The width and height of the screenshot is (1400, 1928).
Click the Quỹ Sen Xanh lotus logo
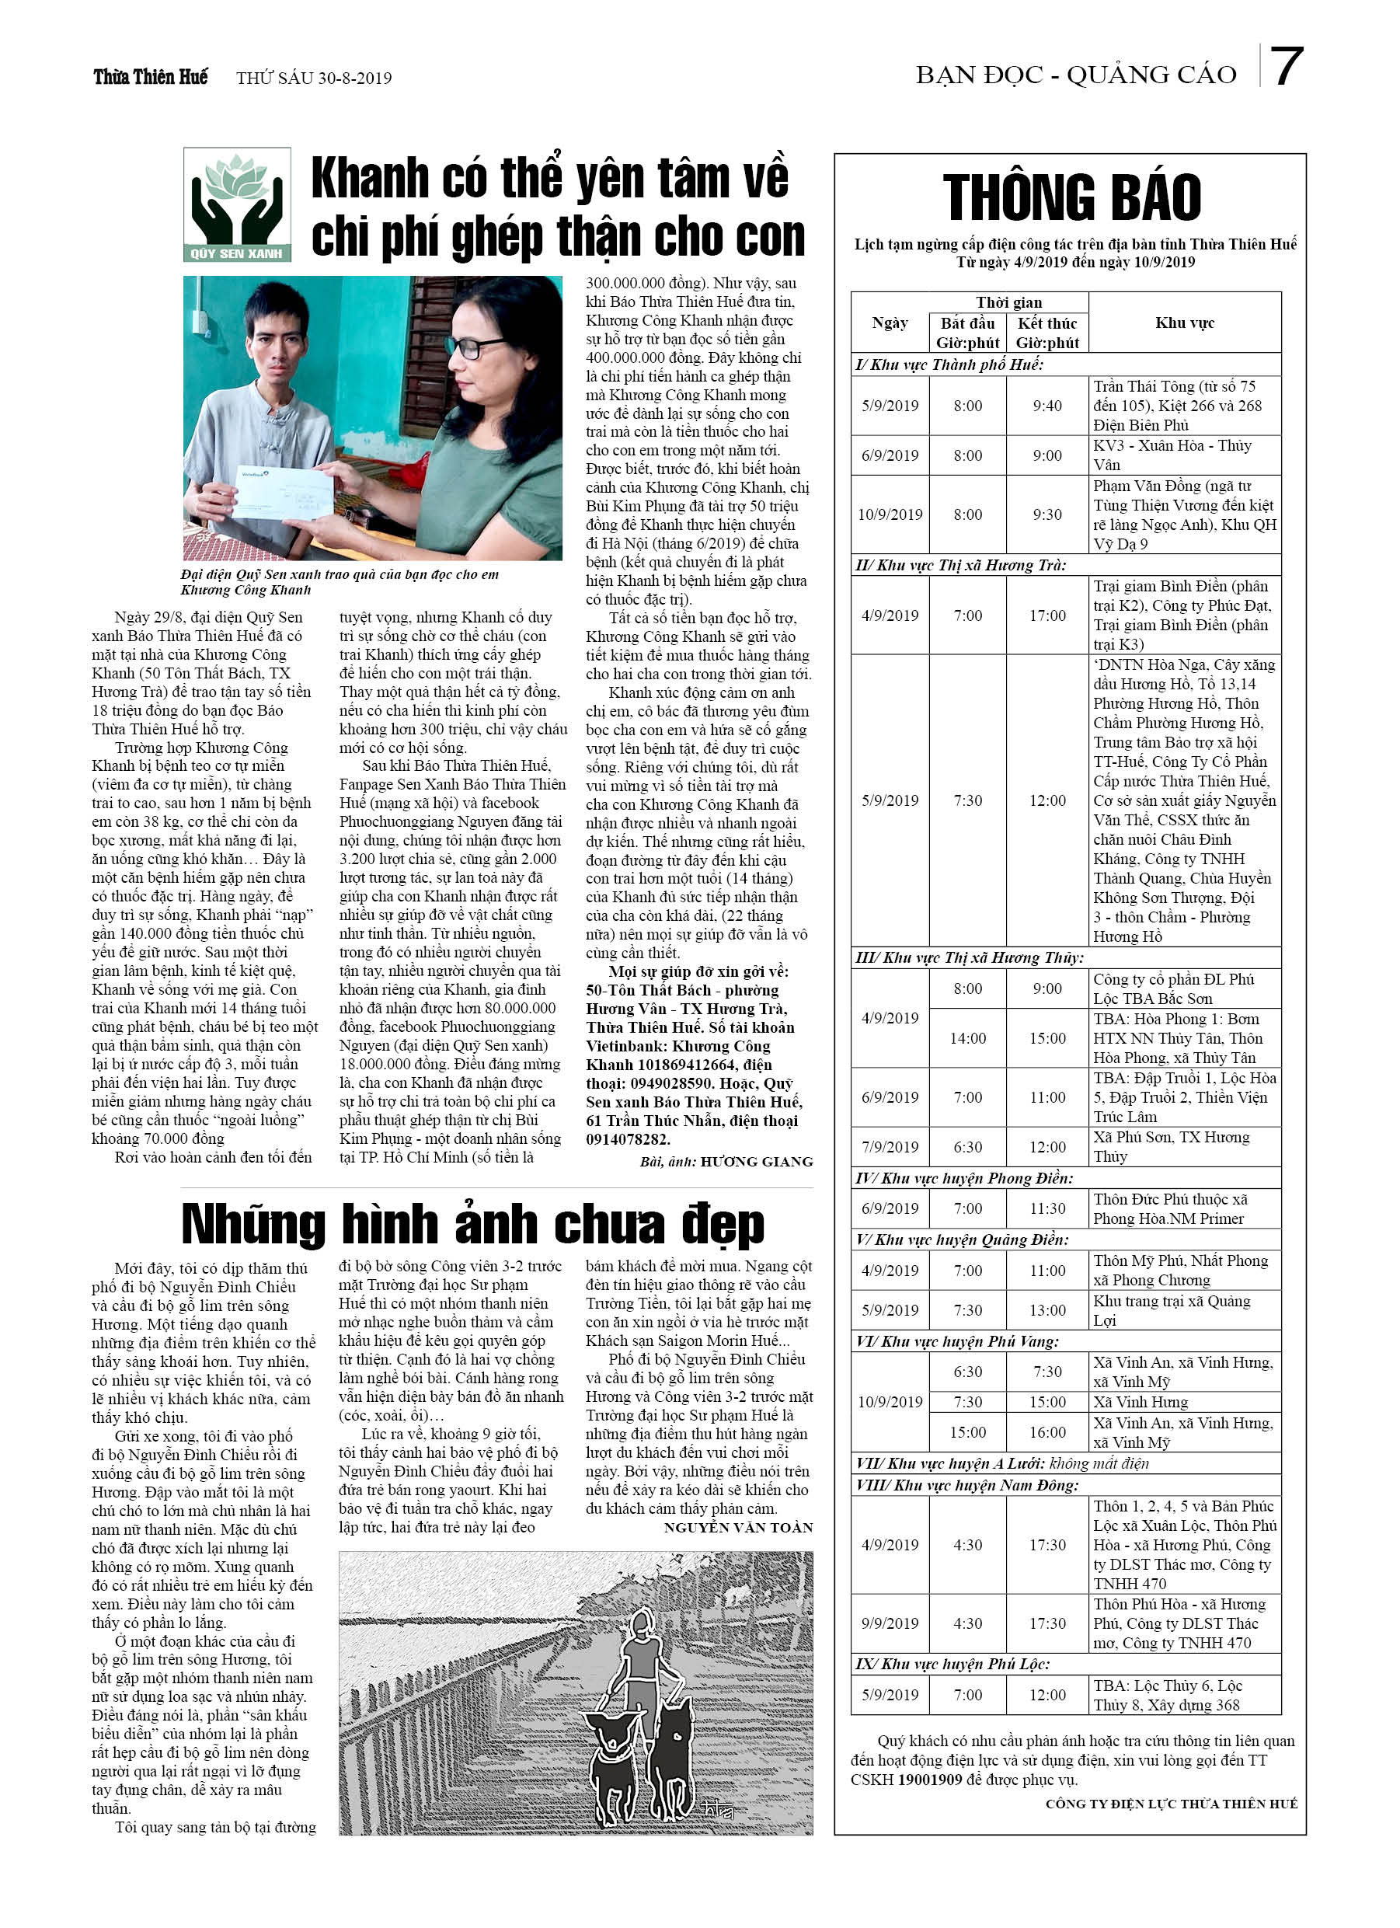tap(237, 205)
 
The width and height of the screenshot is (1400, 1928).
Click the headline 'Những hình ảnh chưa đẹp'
tap(472, 1224)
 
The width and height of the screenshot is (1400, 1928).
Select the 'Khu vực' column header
tap(1184, 323)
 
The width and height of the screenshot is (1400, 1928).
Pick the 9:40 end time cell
tap(1047, 406)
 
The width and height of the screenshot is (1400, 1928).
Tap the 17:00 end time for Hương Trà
tap(1047, 615)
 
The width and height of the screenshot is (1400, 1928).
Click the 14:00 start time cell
tap(967, 1039)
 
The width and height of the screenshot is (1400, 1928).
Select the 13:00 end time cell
tap(1047, 1310)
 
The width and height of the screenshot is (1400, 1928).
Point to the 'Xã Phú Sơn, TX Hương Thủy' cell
tap(1183, 1147)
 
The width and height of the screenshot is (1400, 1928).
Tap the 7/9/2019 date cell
tap(890, 1148)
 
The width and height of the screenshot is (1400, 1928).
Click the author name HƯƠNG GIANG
tap(756, 1162)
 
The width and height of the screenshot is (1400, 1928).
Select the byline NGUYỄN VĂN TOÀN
tap(738, 1528)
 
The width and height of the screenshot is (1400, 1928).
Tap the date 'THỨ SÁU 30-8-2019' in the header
tap(314, 78)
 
